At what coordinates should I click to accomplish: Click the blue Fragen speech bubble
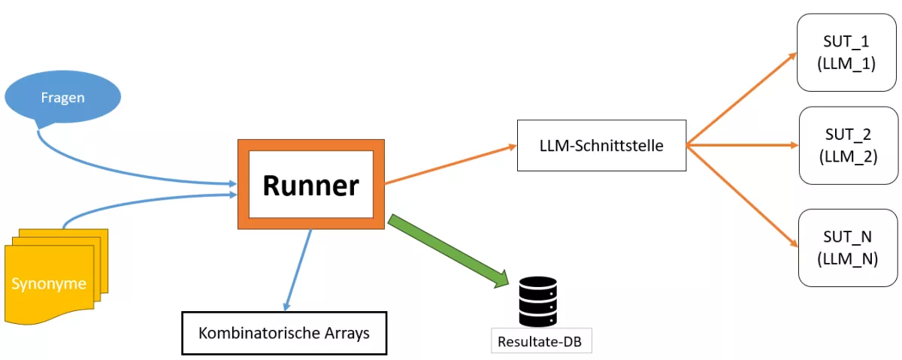click(62, 98)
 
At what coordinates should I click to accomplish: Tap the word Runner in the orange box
click(310, 185)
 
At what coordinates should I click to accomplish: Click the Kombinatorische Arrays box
click(284, 333)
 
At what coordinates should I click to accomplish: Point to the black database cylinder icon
click(538, 301)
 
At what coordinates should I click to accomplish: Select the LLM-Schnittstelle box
click(601, 146)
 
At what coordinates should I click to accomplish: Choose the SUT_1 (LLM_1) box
click(847, 52)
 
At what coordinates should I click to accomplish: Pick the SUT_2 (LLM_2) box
click(848, 145)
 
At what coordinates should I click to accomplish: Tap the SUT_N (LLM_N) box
click(848, 247)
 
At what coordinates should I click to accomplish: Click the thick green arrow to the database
click(448, 252)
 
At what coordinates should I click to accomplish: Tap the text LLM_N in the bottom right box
click(848, 258)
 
